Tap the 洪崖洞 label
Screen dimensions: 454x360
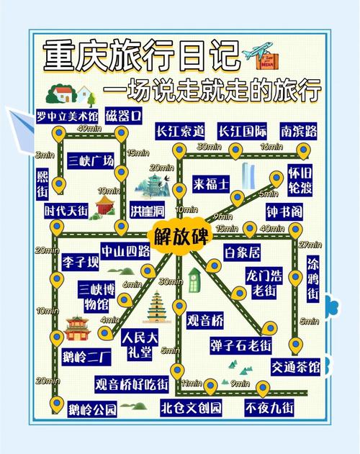(x=147, y=211)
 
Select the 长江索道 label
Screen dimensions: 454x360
(x=180, y=131)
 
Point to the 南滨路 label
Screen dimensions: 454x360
(x=300, y=131)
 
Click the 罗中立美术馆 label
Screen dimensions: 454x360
(x=67, y=115)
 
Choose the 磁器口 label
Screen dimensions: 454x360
(x=123, y=115)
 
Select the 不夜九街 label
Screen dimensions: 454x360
(x=269, y=408)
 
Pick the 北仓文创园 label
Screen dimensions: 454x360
(x=191, y=408)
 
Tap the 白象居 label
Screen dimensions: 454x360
(x=242, y=253)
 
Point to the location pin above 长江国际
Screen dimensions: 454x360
(x=235, y=150)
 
